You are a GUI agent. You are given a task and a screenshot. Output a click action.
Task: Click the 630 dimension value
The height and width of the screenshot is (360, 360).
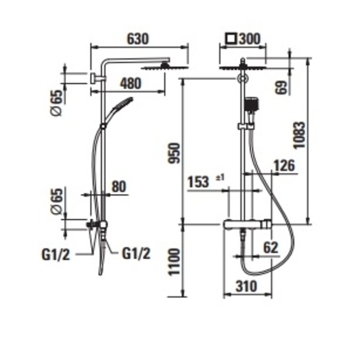click(x=138, y=39)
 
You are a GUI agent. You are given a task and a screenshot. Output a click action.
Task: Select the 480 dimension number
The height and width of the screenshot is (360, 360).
click(x=131, y=84)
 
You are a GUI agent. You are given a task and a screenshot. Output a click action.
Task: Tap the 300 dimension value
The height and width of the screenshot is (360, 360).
click(x=250, y=39)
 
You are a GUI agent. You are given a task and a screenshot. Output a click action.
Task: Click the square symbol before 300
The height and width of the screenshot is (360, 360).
click(x=231, y=39)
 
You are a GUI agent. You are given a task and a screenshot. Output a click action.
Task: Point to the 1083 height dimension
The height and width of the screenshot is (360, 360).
click(x=300, y=135)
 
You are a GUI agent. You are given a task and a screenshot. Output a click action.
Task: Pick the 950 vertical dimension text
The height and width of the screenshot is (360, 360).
click(x=174, y=153)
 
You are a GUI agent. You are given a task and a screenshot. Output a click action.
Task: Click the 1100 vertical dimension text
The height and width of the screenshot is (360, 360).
click(x=174, y=262)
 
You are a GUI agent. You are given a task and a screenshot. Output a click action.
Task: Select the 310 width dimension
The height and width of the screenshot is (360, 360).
click(x=247, y=286)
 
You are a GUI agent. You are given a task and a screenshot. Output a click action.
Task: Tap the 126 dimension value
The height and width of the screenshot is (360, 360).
click(x=284, y=165)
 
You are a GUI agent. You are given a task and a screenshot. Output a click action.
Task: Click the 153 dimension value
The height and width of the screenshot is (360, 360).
click(x=198, y=182)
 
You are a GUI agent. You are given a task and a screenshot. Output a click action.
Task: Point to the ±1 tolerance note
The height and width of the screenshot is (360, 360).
click(x=220, y=177)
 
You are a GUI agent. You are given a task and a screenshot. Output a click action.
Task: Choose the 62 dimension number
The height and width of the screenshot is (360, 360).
click(x=271, y=248)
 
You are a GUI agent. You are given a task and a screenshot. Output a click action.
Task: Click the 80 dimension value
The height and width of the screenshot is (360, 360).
click(x=119, y=187)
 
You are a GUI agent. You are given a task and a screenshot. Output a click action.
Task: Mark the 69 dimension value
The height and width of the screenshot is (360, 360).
click(x=282, y=87)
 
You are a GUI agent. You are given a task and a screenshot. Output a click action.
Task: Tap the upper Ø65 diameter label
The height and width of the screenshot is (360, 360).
click(x=56, y=103)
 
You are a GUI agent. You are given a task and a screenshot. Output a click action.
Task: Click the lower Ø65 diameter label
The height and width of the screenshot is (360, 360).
click(x=56, y=202)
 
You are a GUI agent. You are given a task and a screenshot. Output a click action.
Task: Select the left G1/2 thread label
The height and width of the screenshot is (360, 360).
click(x=55, y=255)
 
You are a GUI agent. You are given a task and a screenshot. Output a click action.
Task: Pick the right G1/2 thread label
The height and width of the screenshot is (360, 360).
click(x=136, y=253)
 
